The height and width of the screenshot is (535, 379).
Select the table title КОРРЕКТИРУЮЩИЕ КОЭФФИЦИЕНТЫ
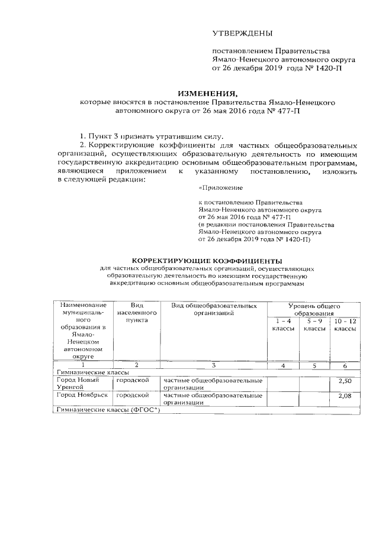click(x=207, y=261)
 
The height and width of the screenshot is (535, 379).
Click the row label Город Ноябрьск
click(x=82, y=394)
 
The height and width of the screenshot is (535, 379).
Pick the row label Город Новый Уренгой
click(x=78, y=382)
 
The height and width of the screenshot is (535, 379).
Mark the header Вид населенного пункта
click(x=136, y=313)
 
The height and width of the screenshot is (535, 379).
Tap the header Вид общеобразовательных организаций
click(x=214, y=309)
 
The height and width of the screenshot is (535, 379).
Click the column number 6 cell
click(x=345, y=365)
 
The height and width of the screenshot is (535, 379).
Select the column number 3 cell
click(x=214, y=365)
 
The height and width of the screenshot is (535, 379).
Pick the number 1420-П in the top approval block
click(x=326, y=68)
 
